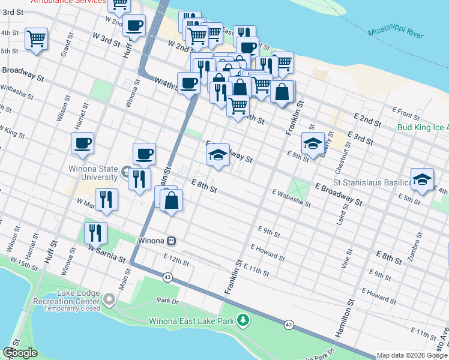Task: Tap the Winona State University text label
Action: click(93, 173)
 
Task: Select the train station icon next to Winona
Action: click(172, 241)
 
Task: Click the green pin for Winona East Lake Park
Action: click(243, 321)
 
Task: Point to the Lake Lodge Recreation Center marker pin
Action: click(109, 298)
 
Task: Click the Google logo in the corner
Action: click(20, 353)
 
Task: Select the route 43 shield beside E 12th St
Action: click(167, 277)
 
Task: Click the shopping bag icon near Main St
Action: click(172, 200)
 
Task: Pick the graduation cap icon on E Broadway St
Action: click(218, 155)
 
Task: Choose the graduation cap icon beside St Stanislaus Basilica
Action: click(423, 179)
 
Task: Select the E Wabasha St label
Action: click(291, 198)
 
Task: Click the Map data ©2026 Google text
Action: click(412, 355)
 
